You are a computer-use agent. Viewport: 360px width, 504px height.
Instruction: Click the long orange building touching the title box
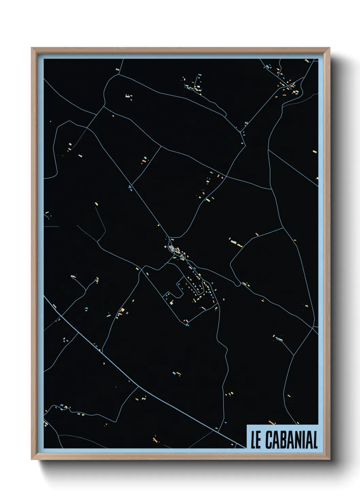click(x=272, y=423)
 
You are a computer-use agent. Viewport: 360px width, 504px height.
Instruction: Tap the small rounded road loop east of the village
click(x=238, y=284)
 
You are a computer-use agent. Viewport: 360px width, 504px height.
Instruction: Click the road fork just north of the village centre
click(x=169, y=237)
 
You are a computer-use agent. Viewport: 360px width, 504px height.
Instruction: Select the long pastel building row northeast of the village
click(x=234, y=242)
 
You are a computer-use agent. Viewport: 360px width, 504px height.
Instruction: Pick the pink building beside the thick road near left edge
click(x=54, y=306)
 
